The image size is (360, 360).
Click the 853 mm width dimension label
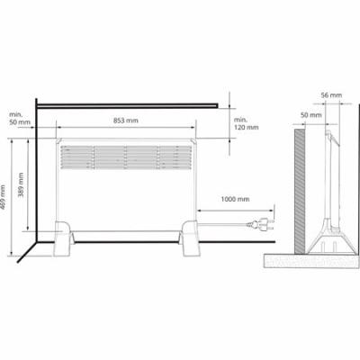[x=126, y=121]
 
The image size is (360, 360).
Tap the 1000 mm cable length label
[x=235, y=199]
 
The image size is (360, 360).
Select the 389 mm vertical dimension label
[x=21, y=184]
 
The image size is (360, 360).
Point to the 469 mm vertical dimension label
[x=3, y=197]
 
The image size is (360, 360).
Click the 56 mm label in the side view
[x=331, y=95]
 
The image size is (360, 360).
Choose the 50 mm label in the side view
[x=311, y=115]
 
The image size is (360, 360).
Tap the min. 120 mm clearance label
[x=246, y=123]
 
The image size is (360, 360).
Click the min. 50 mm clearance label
[x=20, y=118]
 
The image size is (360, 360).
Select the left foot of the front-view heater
[x=63, y=238]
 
